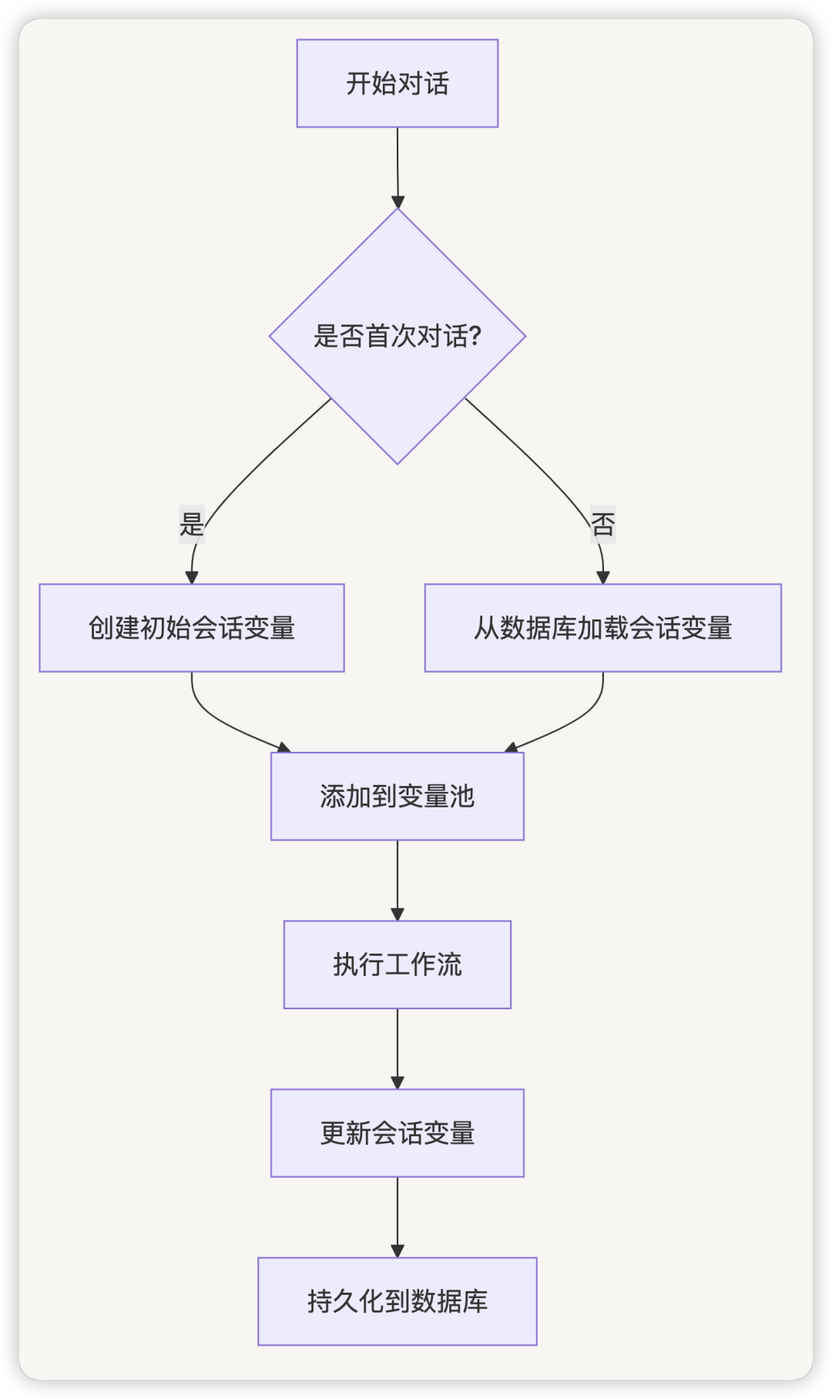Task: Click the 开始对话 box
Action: (398, 83)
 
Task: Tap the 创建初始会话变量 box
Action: (192, 628)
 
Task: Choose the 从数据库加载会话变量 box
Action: (603, 628)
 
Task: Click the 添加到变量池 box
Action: (398, 796)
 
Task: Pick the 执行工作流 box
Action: (398, 965)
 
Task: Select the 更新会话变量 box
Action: (398, 1132)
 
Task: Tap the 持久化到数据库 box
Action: (398, 1301)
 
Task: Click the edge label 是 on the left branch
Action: (192, 525)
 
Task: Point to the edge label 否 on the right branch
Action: (603, 525)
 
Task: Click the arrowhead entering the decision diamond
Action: (398, 203)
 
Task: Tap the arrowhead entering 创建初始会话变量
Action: (192, 578)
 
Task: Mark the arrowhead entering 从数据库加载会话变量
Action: (603, 578)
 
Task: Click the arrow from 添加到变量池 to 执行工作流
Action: (398, 878)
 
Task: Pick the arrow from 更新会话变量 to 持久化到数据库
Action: (398, 1215)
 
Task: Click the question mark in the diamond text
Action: (475, 337)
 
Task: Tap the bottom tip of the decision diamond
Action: (398, 462)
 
